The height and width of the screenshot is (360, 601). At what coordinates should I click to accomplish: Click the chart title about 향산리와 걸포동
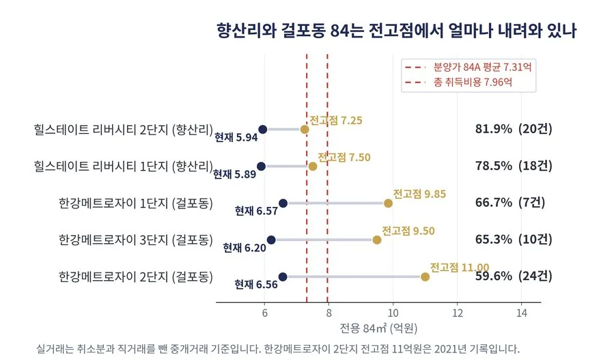tap(396, 30)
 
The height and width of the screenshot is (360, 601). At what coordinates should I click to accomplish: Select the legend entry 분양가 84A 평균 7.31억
tap(468, 67)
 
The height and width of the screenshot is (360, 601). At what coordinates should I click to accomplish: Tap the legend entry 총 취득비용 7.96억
tap(458, 82)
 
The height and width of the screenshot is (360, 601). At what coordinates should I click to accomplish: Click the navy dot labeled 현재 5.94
tap(262, 130)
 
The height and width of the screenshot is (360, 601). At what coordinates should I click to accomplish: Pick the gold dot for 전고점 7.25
tap(305, 130)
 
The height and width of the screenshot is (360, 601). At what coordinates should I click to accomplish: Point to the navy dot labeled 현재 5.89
tap(261, 167)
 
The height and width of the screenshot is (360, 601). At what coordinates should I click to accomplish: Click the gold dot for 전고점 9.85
tap(388, 203)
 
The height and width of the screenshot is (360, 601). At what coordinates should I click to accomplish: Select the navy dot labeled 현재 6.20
tap(271, 240)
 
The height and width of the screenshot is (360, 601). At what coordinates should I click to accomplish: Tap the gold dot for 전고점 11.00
tap(425, 277)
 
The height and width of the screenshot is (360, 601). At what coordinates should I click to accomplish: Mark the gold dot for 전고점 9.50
tap(377, 240)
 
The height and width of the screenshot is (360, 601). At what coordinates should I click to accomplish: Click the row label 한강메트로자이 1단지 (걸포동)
tap(136, 203)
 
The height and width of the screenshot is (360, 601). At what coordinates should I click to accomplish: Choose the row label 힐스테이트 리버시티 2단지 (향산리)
tap(124, 130)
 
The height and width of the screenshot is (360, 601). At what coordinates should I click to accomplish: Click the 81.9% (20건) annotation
tap(514, 129)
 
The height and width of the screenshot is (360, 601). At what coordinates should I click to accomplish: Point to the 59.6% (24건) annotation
tap(514, 276)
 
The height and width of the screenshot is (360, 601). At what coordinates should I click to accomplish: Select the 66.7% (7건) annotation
tap(509, 202)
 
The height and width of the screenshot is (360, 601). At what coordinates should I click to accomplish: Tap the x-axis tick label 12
tap(458, 314)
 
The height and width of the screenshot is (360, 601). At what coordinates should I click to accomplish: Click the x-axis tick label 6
tap(264, 314)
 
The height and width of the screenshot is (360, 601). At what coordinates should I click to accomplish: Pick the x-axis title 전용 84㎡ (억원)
tap(378, 328)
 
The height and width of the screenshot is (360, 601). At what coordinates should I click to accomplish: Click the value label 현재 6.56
tap(256, 284)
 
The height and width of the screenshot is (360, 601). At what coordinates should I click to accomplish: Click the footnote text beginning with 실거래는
tap(278, 349)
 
